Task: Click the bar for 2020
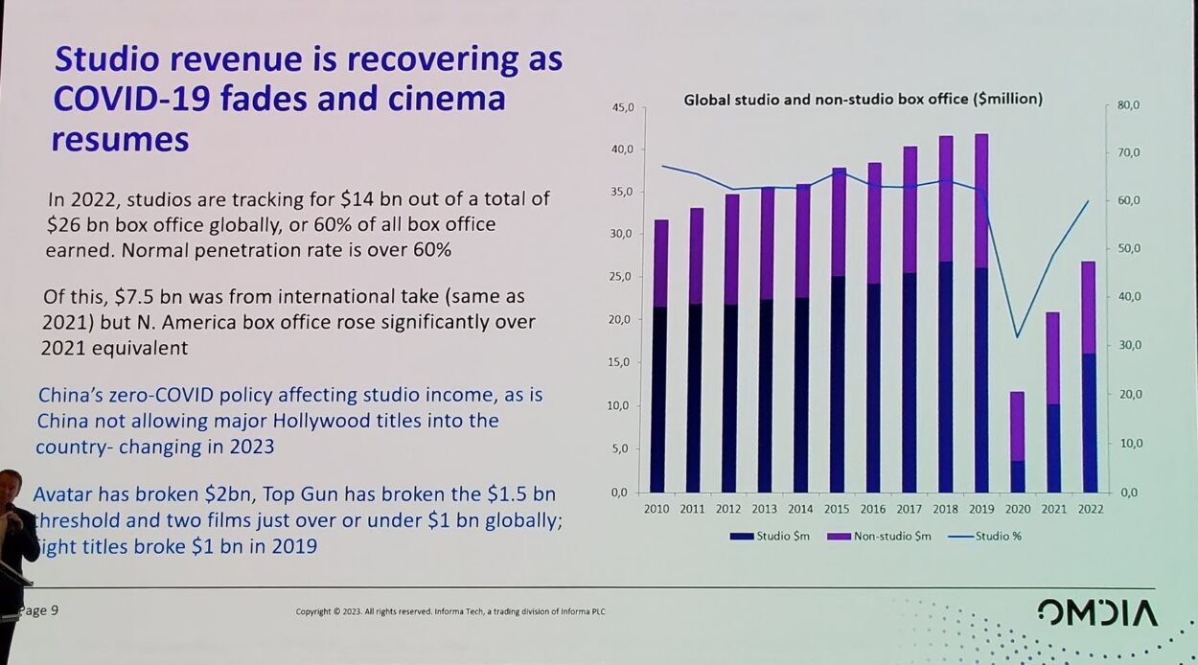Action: [x=1017, y=442]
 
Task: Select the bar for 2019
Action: [x=980, y=316]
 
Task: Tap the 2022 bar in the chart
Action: [x=1089, y=378]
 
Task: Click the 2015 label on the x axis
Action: [x=837, y=509]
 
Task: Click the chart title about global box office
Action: [x=863, y=99]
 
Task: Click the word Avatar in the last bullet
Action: [x=62, y=495]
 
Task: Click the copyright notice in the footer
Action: [x=449, y=612]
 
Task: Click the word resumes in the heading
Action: [x=120, y=140]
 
